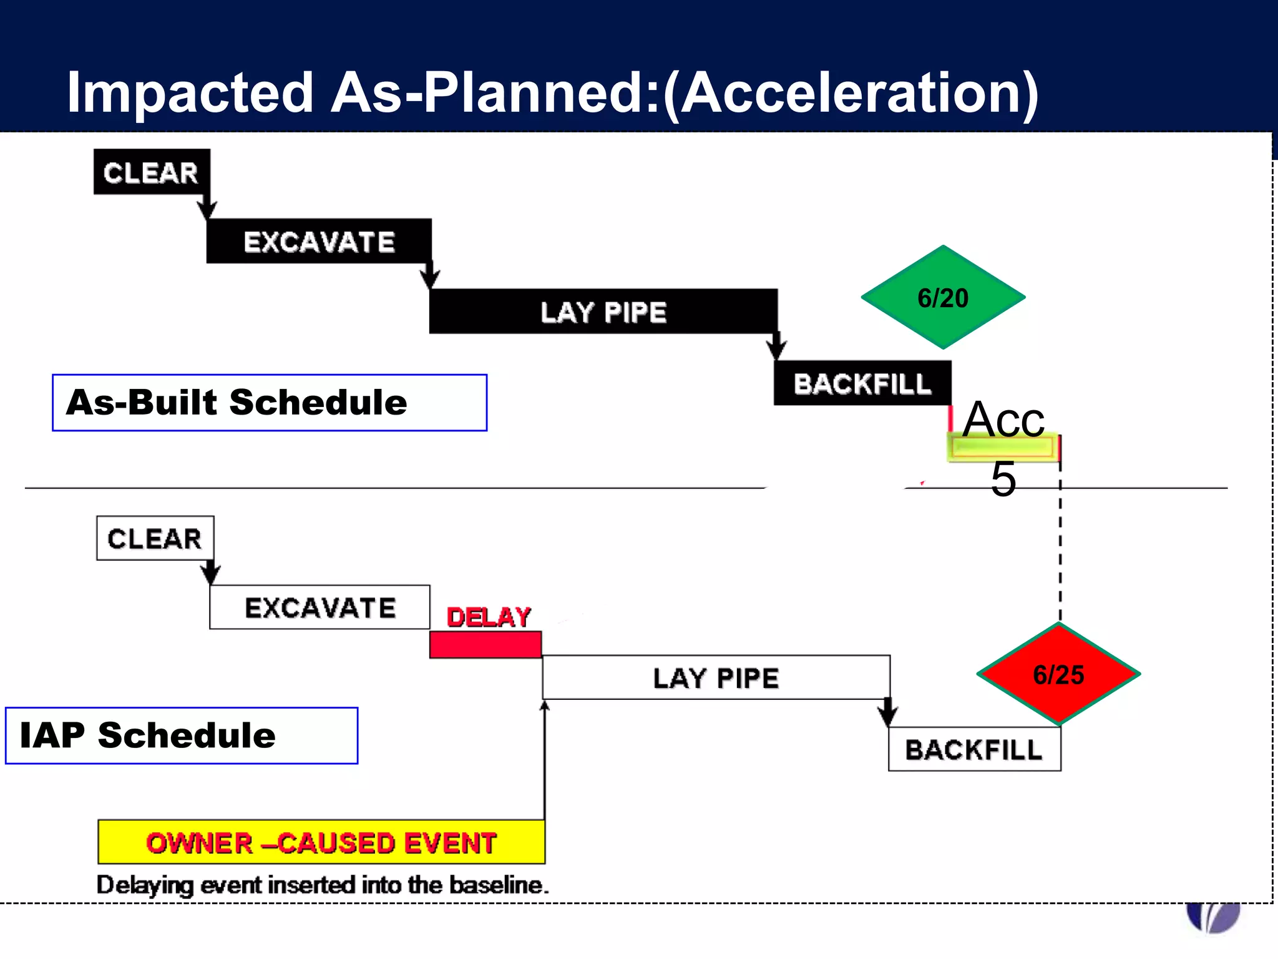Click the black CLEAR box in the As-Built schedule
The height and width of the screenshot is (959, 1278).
click(151, 172)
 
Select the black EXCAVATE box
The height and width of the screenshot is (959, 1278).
click(319, 241)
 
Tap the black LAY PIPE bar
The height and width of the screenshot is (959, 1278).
click(603, 311)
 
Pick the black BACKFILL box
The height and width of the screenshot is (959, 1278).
click(862, 383)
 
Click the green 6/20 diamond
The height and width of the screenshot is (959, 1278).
click(943, 298)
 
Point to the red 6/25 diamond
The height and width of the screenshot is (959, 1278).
click(1058, 674)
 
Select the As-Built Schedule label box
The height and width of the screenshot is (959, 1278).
click(270, 403)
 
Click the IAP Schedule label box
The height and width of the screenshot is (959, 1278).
click(182, 735)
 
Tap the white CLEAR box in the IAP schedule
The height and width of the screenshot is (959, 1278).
click(155, 538)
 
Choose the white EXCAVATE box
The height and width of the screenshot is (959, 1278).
click(319, 607)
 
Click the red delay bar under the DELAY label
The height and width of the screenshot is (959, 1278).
click(485, 645)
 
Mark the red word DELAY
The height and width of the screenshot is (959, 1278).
click(489, 617)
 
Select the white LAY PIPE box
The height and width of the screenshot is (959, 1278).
click(716, 677)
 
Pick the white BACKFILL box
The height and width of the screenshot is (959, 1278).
click(974, 749)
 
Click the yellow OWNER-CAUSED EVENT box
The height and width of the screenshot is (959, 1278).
click(321, 842)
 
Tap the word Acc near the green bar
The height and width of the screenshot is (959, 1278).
click(1003, 420)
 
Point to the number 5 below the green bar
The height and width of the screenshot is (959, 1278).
click(1003, 479)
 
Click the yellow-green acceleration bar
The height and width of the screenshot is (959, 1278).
click(1003, 448)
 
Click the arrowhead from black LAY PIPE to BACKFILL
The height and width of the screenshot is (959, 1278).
click(776, 350)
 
